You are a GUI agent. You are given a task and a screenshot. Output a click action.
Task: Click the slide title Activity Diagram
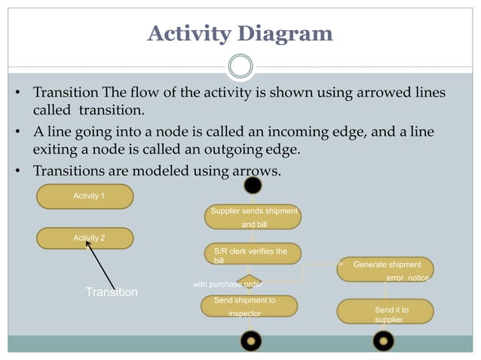click(x=240, y=34)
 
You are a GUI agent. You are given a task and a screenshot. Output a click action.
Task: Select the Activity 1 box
click(x=85, y=196)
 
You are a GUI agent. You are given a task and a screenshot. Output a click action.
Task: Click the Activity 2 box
click(x=85, y=238)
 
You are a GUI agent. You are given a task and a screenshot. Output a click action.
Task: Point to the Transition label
click(x=111, y=292)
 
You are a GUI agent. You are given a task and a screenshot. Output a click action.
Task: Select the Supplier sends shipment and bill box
click(x=253, y=217)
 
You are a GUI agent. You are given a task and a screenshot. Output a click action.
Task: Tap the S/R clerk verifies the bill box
click(x=252, y=255)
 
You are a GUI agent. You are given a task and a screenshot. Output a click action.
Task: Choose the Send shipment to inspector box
click(x=249, y=306)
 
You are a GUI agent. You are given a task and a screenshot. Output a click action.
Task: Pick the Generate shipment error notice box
click(x=385, y=270)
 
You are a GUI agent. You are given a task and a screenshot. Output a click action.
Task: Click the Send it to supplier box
click(x=385, y=312)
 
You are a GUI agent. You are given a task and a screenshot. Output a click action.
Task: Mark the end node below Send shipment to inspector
click(x=250, y=341)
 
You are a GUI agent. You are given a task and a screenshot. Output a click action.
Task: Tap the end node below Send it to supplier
click(x=384, y=341)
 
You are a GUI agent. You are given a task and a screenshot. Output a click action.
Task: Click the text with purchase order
click(x=228, y=285)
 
